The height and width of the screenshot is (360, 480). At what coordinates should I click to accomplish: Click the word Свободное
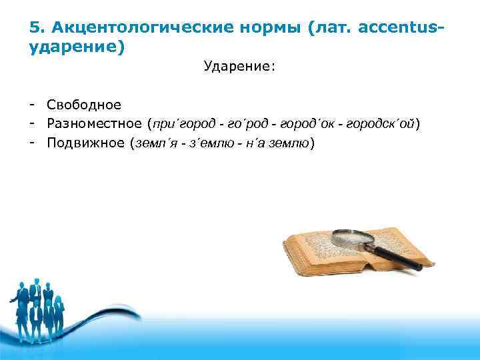click(x=84, y=105)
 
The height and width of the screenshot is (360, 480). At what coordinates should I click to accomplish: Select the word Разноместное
click(x=94, y=124)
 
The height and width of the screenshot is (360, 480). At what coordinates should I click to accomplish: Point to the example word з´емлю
click(x=209, y=143)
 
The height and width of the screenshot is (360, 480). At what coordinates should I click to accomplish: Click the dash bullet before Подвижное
click(x=32, y=143)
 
